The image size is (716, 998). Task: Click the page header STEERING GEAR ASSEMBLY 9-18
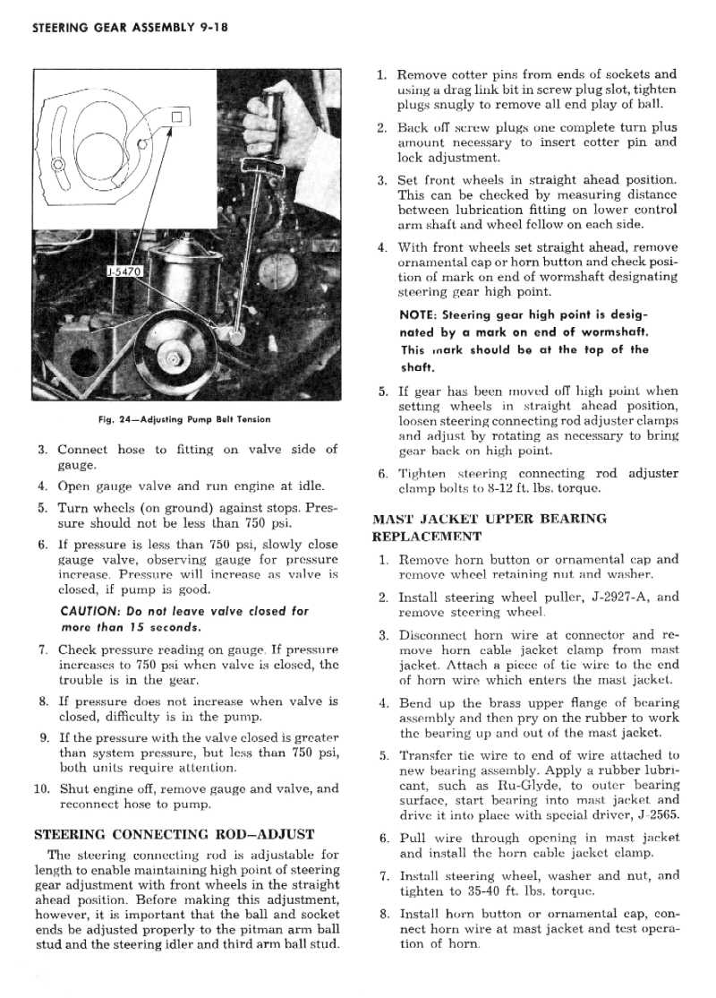click(x=132, y=27)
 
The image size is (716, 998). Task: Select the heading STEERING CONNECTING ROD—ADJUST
click(x=174, y=833)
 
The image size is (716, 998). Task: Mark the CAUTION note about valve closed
click(x=183, y=618)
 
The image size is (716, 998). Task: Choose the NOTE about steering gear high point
click(x=524, y=340)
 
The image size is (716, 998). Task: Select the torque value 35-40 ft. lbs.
click(x=505, y=891)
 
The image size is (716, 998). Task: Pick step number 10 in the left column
click(x=42, y=789)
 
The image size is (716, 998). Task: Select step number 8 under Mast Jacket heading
click(x=382, y=915)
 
